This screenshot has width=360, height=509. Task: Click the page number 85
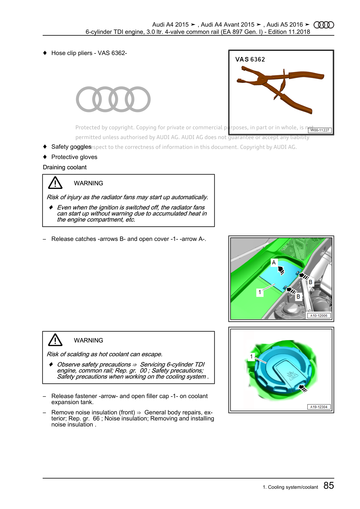click(329, 486)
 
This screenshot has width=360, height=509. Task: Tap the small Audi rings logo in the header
click(324, 25)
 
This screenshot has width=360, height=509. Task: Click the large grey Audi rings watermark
click(113, 99)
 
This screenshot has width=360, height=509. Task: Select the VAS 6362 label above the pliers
click(250, 60)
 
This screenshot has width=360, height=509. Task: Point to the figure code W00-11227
click(320, 130)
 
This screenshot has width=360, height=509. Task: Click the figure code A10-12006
click(319, 316)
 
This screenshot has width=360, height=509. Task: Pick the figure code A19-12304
click(319, 407)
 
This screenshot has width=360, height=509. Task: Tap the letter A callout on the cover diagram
click(274, 262)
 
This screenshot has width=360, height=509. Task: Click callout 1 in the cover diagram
click(260, 292)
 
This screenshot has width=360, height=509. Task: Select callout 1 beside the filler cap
click(251, 357)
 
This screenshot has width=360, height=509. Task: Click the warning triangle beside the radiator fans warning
click(55, 183)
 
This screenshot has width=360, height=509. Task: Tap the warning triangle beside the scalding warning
click(55, 340)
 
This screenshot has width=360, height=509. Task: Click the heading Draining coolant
click(65, 167)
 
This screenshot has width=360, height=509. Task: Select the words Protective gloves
click(74, 157)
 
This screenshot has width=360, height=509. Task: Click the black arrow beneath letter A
click(281, 271)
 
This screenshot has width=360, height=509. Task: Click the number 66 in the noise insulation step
click(96, 419)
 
